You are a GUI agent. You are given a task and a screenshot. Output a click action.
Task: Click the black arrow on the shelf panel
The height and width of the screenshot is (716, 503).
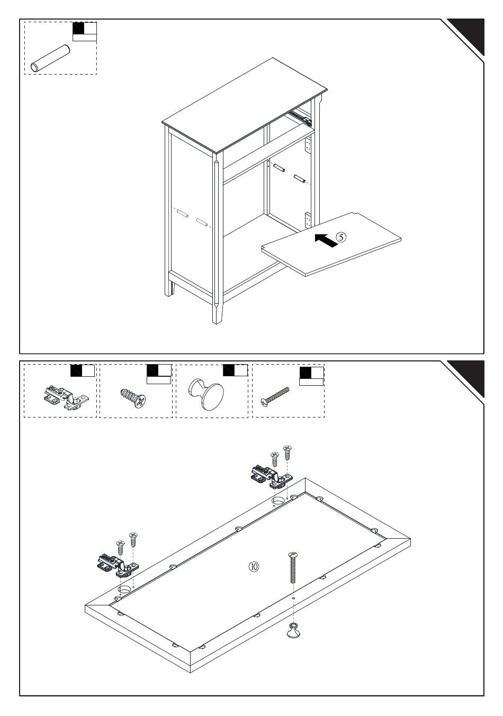click(x=326, y=240)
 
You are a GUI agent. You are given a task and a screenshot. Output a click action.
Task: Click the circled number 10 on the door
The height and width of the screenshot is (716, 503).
click(x=254, y=566)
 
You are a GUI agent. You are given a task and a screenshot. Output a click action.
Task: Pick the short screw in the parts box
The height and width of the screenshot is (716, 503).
click(x=132, y=397)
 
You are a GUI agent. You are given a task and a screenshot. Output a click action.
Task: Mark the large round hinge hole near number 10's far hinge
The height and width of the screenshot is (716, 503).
click(x=278, y=500)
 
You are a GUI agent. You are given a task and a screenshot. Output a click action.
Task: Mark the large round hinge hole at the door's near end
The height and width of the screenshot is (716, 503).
click(x=124, y=588)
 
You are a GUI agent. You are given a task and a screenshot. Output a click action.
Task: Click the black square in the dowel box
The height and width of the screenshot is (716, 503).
click(x=78, y=29)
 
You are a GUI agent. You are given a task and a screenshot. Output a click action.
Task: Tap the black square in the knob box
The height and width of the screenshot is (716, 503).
click(x=229, y=370)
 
